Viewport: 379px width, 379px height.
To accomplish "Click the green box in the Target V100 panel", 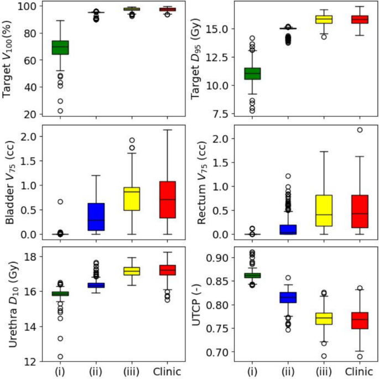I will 59,47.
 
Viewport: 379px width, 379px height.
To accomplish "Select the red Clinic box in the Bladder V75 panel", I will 167,199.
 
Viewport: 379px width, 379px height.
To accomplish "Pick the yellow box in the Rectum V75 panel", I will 324,210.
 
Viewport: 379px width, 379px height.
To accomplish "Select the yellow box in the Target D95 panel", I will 324,19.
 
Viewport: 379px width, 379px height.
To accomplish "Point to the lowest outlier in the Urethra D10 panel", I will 59,356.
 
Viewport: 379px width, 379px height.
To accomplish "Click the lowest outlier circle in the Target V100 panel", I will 59,111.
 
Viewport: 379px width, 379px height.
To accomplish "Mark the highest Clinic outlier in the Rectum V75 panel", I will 360,130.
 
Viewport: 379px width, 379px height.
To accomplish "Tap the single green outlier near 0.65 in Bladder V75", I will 59,201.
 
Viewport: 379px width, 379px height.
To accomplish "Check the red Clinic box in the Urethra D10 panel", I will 167,269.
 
